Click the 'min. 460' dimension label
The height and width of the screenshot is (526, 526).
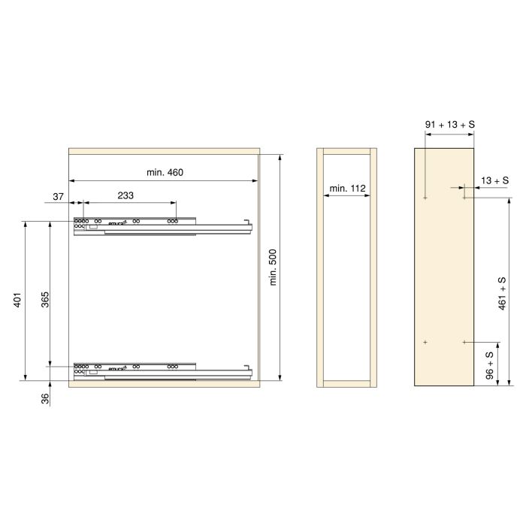click(165, 173)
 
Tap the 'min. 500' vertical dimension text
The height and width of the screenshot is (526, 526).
click(274, 268)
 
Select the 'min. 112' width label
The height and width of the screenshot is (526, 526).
click(346, 188)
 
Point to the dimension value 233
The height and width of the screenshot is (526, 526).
click(125, 195)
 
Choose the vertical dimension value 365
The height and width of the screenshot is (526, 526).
click(45, 300)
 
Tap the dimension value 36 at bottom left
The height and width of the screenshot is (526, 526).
click(45, 399)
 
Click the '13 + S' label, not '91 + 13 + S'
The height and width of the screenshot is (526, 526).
click(495, 180)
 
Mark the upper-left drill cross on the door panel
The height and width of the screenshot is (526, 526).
click(425, 198)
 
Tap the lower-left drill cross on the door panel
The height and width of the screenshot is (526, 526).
click(425, 342)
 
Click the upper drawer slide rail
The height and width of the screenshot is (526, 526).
click(162, 225)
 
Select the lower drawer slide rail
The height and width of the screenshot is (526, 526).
click(162, 371)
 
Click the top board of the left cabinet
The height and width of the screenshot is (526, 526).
click(164, 151)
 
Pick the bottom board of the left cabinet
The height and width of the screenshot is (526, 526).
click(164, 383)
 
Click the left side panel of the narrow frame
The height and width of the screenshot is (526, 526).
click(320, 268)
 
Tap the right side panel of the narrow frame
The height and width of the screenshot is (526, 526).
click(373, 268)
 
